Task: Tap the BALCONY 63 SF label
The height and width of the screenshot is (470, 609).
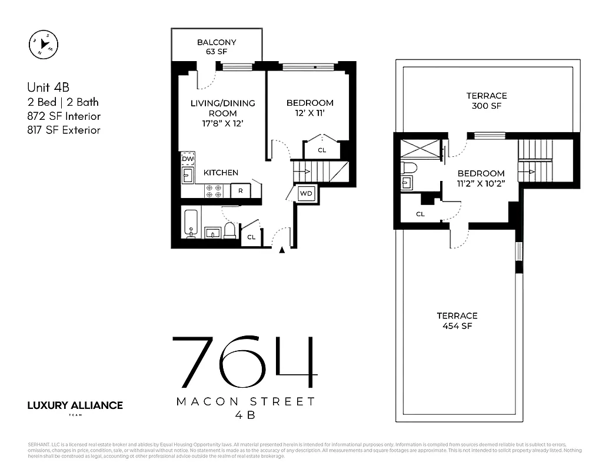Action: pyautogui.click(x=217, y=47)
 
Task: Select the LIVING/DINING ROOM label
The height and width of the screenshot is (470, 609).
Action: pyautogui.click(x=222, y=113)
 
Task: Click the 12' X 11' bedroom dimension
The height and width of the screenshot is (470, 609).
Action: pyautogui.click(x=310, y=113)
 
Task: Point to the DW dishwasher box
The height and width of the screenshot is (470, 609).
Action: pyautogui.click(x=188, y=159)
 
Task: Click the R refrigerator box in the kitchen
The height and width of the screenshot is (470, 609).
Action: pyautogui.click(x=241, y=190)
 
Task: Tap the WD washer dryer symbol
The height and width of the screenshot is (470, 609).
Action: pyautogui.click(x=306, y=193)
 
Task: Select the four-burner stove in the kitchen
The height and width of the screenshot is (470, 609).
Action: pyautogui.click(x=213, y=190)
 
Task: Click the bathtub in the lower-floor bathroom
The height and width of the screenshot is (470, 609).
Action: pyautogui.click(x=190, y=224)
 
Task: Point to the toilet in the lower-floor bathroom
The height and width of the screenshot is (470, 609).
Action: pyautogui.click(x=230, y=231)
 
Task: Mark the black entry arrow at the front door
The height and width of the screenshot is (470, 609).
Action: pyautogui.click(x=282, y=250)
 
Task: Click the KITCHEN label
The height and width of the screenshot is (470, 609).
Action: pyautogui.click(x=221, y=173)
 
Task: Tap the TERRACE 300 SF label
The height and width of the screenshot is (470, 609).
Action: pyautogui.click(x=487, y=101)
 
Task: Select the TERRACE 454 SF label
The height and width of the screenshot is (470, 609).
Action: pyautogui.click(x=457, y=321)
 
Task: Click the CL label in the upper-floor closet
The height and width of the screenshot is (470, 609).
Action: pyautogui.click(x=420, y=214)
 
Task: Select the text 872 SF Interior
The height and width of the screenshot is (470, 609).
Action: pyautogui.click(x=64, y=116)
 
